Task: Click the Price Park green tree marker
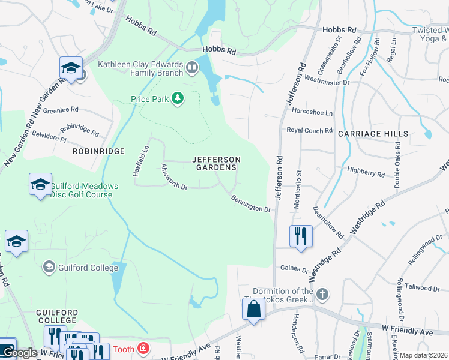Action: click(x=177, y=98)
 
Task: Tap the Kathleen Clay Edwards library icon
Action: click(x=192, y=67)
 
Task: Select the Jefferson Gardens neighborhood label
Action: click(x=216, y=163)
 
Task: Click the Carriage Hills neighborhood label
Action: click(x=373, y=134)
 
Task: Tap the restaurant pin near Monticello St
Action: click(x=301, y=236)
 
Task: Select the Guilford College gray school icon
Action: click(x=49, y=267)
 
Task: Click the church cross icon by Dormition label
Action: click(x=322, y=294)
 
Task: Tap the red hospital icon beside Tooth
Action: click(x=143, y=348)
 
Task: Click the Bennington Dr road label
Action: click(x=252, y=204)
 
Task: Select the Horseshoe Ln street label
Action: click(x=312, y=112)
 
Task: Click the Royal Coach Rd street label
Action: click(x=309, y=130)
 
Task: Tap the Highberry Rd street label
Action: click(x=366, y=173)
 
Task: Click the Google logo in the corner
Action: click(x=19, y=353)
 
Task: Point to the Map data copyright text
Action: click(x=424, y=355)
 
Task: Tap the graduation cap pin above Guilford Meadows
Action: click(x=40, y=184)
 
